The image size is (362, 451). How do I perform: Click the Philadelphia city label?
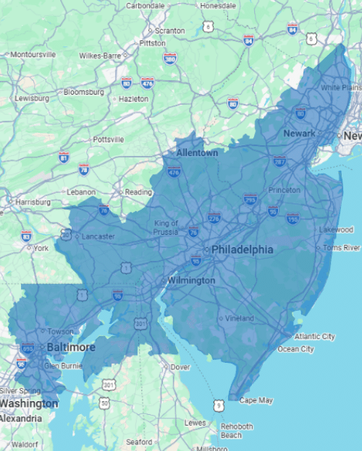(x=243, y=249)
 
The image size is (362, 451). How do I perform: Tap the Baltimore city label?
(x=70, y=348)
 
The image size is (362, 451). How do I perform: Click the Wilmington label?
(x=191, y=280)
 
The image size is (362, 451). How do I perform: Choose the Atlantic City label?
(x=314, y=336)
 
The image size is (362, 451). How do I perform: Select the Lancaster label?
(x=97, y=236)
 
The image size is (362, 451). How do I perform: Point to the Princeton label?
(x=284, y=189)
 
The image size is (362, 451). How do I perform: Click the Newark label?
(x=299, y=134)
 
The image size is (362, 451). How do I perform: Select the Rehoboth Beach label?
(x=236, y=431)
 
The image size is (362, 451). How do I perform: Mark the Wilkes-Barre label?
(x=99, y=55)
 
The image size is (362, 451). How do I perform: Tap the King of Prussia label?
(x=166, y=228)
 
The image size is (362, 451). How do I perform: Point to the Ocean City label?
(x=296, y=349)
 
